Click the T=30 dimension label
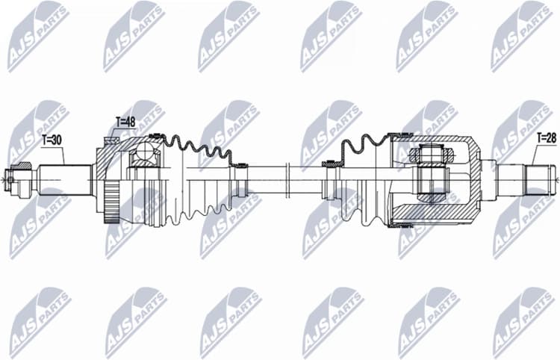point(53,139)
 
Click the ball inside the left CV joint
point(142,155)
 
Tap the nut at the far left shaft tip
point(10,178)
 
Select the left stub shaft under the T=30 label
point(64,179)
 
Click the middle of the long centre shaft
point(284,179)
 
